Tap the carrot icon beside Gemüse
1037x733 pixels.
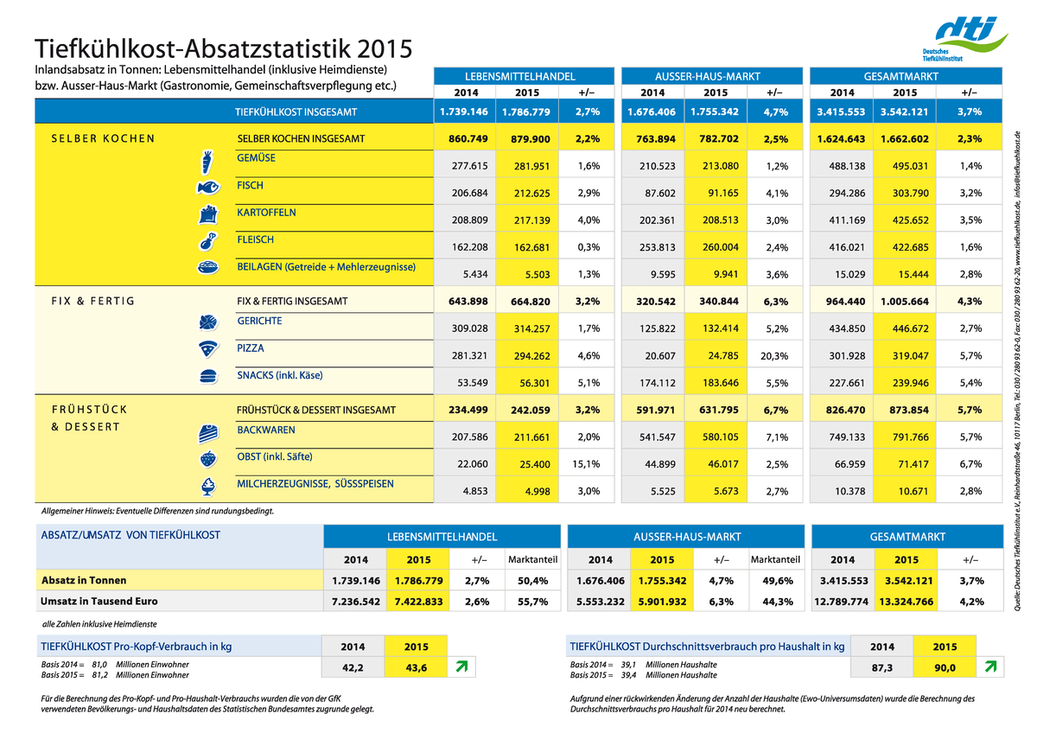coord(207,162)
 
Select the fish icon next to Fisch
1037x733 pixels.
coord(208,187)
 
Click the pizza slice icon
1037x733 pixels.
coord(208,349)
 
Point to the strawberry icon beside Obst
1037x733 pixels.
coord(208,458)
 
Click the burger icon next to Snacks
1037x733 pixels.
coord(208,377)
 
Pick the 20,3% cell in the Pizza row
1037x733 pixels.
coord(774,356)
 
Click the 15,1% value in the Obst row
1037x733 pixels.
coord(586,464)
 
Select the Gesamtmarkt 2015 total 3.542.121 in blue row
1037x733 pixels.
coord(904,112)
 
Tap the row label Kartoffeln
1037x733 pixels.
coord(266,213)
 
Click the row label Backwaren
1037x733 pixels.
coord(266,430)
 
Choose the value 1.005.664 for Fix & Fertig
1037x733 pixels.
coord(904,302)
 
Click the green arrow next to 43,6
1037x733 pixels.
coord(461,666)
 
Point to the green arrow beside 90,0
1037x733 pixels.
coord(990,666)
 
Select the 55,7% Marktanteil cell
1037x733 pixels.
coord(532,602)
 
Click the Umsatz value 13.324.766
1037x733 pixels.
coord(906,602)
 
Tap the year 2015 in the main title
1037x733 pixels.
coord(385,49)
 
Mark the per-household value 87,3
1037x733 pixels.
coord(881,667)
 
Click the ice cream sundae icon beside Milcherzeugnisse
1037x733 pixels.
coord(208,487)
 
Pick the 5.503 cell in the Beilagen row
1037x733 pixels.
coord(537,275)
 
